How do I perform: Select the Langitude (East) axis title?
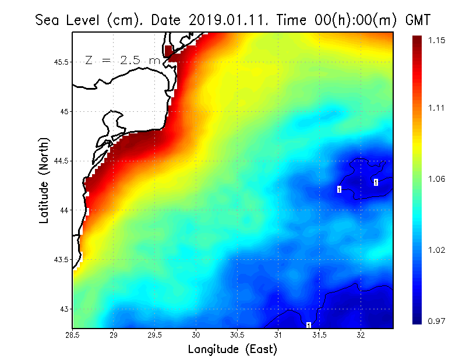(x=232, y=350)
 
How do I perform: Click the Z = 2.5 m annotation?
(x=122, y=60)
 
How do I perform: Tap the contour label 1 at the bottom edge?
(x=308, y=324)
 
